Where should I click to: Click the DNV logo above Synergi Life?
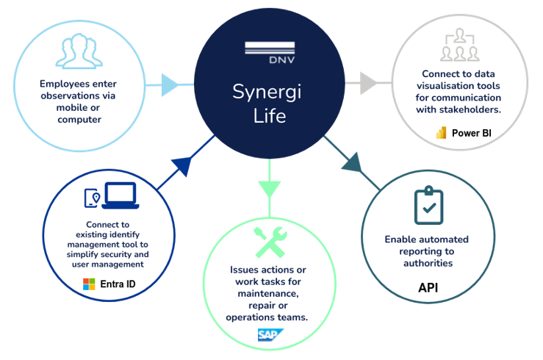269,54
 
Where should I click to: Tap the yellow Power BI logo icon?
442,133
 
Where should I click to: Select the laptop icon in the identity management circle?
119,197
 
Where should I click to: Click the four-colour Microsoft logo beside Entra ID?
89,284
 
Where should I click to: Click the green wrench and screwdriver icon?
270,242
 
